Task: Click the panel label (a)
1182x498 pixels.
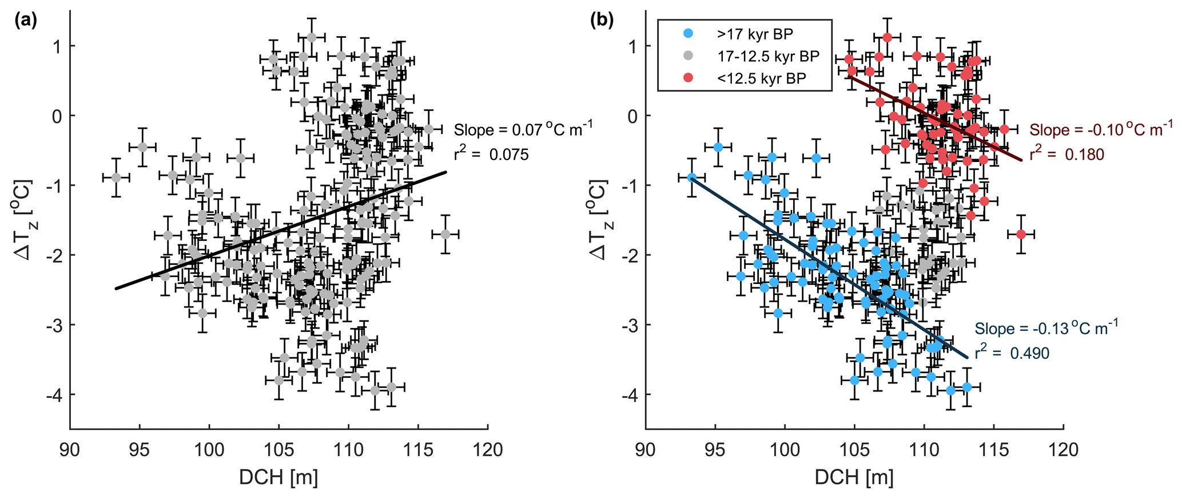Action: [26, 21]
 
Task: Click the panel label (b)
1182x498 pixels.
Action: [602, 21]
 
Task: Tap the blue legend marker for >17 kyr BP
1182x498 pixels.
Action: [688, 34]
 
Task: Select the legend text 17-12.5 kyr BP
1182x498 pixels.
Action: [768, 56]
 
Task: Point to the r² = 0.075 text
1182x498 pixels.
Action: [491, 154]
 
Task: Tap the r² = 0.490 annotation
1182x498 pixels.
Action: [1012, 353]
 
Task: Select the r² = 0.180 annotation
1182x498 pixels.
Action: [1067, 154]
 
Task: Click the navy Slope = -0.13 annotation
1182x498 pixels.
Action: [1046, 329]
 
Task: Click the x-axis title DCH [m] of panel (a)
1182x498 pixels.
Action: [278, 477]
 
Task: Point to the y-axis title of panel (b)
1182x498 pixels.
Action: [599, 220]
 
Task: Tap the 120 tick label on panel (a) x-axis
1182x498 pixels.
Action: [488, 450]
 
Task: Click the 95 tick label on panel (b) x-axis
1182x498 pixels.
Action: [715, 450]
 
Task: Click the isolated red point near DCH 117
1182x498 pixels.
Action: [1021, 234]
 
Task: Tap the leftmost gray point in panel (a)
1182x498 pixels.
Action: [116, 177]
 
